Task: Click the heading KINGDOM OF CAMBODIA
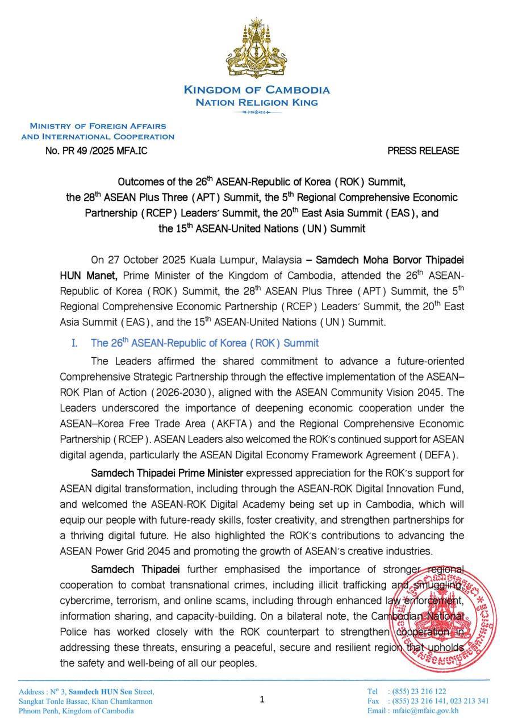coord(257,90)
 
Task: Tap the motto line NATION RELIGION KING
coord(257,103)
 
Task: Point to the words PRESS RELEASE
coord(423,151)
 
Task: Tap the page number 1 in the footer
coord(262,700)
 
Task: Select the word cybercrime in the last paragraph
coord(85,601)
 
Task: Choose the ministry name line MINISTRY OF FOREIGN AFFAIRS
coord(98,126)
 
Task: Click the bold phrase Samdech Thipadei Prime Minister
coord(167,474)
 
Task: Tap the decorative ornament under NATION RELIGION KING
coord(257,112)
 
